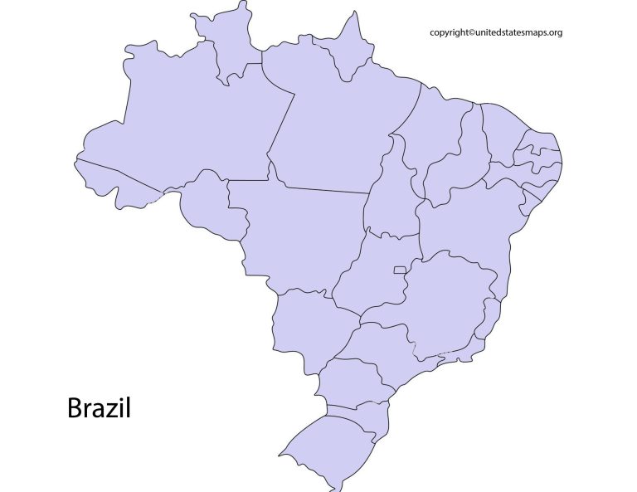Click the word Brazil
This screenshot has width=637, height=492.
click(x=99, y=408)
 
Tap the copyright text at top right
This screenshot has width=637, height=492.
click(x=496, y=32)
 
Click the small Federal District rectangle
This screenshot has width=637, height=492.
click(x=400, y=270)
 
